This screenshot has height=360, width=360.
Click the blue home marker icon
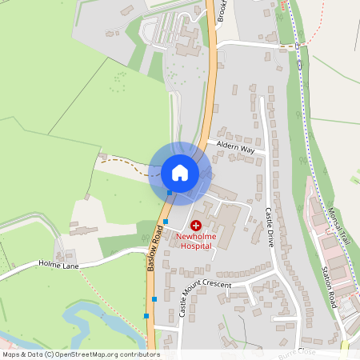pyautogui.click(x=180, y=172)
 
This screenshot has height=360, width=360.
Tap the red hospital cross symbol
pyautogui.click(x=196, y=226)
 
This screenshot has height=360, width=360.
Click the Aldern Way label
pyautogui.click(x=235, y=149)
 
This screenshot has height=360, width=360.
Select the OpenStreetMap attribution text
pyautogui.click(x=80, y=354)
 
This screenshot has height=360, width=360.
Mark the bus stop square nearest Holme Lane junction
pyautogui.click(x=154, y=299)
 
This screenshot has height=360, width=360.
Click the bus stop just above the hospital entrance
pyautogui.click(x=166, y=222)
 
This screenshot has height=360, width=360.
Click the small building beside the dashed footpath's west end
pyautogui.click(x=102, y=156)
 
